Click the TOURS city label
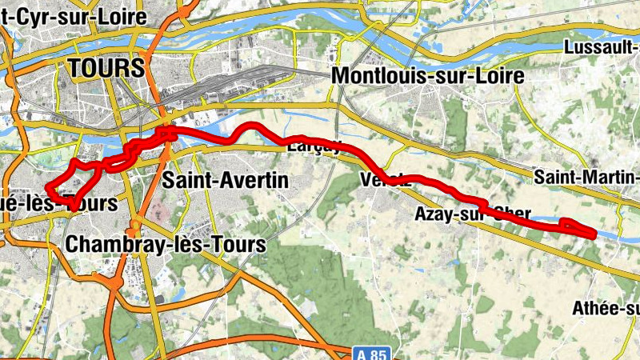106,67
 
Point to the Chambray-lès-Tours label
166,244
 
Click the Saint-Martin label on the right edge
586,176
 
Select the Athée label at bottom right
606,309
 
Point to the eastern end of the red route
594,234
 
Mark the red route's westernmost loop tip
48,190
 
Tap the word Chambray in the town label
108,244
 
